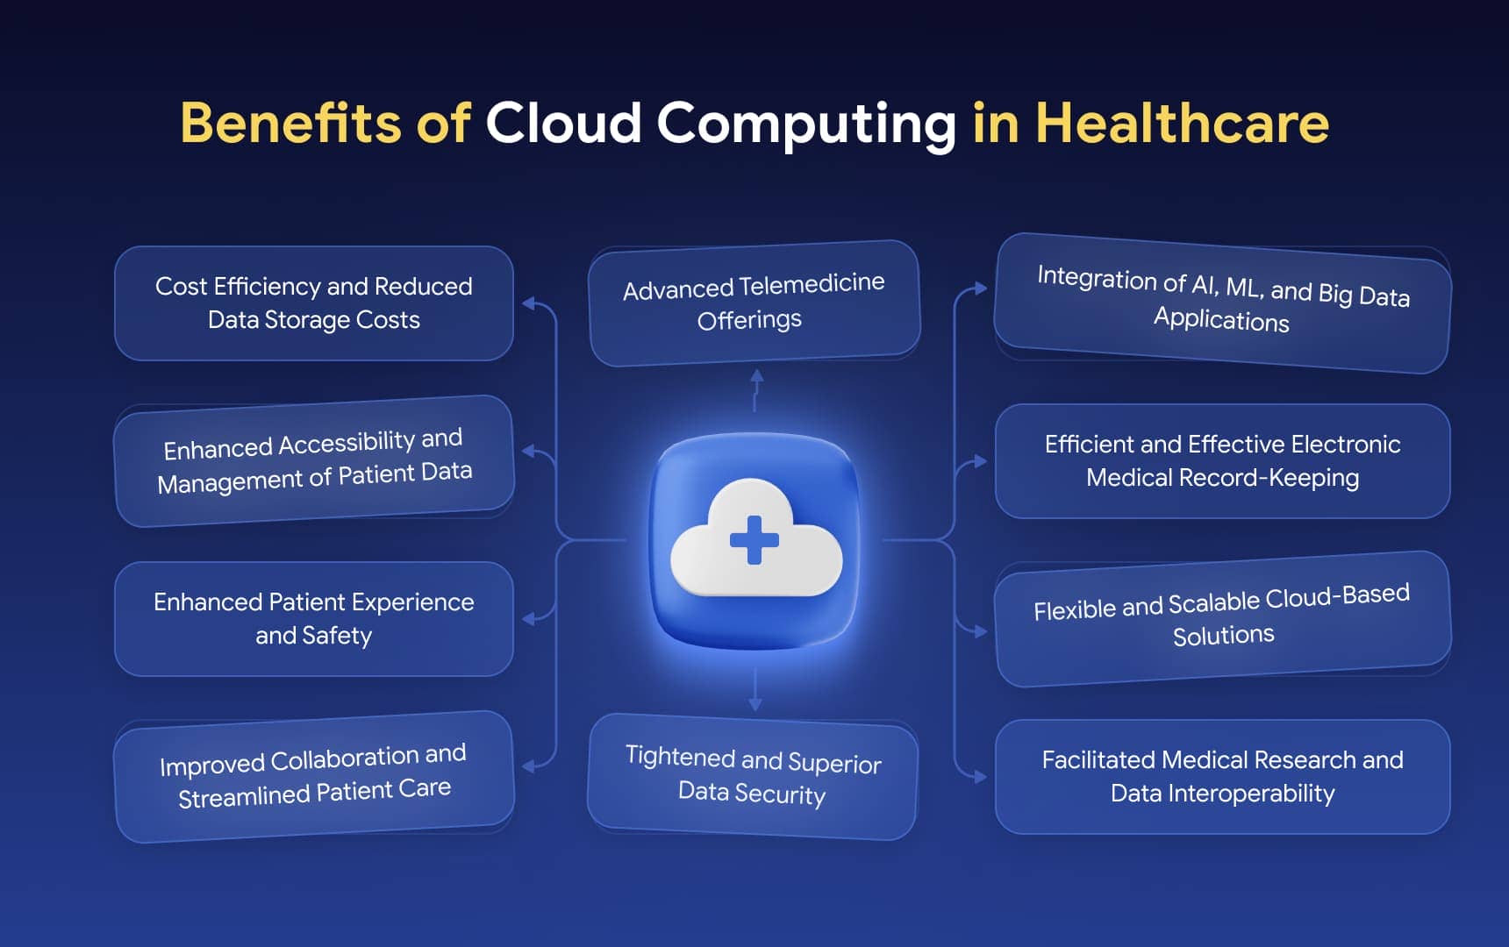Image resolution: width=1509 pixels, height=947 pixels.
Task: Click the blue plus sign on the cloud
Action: click(x=754, y=539)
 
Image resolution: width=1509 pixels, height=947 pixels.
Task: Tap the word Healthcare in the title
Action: click(x=1182, y=123)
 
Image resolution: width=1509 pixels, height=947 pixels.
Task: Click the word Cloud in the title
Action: click(x=563, y=123)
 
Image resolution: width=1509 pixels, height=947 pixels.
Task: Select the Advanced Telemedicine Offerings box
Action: click(x=754, y=303)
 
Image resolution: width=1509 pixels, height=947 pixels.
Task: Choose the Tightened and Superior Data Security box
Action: click(x=753, y=776)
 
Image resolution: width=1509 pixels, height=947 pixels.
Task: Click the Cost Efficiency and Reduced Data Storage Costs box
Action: click(x=313, y=303)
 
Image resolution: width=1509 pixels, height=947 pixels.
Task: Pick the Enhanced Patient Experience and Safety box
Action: click(x=313, y=618)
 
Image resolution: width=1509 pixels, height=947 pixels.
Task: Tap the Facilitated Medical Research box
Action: click(x=1222, y=776)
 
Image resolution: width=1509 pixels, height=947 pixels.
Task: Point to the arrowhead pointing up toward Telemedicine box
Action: click(x=756, y=376)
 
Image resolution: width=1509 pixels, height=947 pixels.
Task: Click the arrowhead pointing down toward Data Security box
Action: click(x=754, y=704)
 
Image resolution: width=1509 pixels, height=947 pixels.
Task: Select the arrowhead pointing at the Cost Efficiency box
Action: click(x=527, y=303)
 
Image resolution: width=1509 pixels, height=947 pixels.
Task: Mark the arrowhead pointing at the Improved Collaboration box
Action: click(x=527, y=766)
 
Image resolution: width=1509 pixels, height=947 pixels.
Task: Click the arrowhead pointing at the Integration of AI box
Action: click(x=981, y=288)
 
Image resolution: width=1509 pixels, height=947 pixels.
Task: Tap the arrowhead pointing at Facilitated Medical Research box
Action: click(x=981, y=777)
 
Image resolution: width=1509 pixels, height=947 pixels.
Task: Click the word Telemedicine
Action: click(x=812, y=284)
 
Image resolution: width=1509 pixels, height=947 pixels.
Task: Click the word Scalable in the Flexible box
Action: click(x=1214, y=602)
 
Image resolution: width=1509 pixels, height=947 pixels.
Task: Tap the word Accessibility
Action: click(x=347, y=444)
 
